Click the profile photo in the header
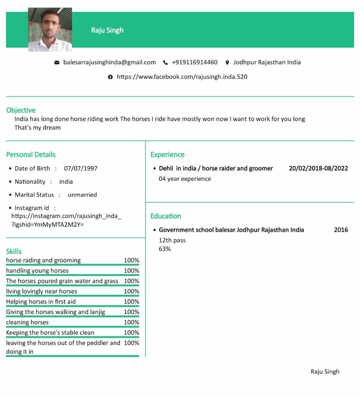pyautogui.click(x=50, y=29)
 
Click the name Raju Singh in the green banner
pyautogui.click(x=107, y=30)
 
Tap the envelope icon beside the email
pyautogui.click(x=57, y=62)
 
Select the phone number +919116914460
pyautogui.click(x=195, y=62)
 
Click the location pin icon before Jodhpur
pyautogui.click(x=227, y=62)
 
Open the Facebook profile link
pyautogui.click(x=182, y=77)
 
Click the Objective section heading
pyautogui.click(x=21, y=110)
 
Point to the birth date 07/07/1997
pyautogui.click(x=81, y=168)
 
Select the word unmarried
pyautogui.click(x=82, y=195)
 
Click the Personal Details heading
pyautogui.click(x=31, y=154)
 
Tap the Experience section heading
pyautogui.click(x=167, y=154)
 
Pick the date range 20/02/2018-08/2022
pyautogui.click(x=318, y=168)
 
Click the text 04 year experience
pyautogui.click(x=185, y=179)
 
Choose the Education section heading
pyautogui.click(x=166, y=216)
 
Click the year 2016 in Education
pyautogui.click(x=341, y=230)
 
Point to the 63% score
pyautogui.click(x=165, y=249)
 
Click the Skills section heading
pyautogui.click(x=14, y=251)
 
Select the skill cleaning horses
pyautogui.click(x=27, y=322)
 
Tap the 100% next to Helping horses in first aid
pyautogui.click(x=132, y=302)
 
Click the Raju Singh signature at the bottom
pyautogui.click(x=325, y=372)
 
